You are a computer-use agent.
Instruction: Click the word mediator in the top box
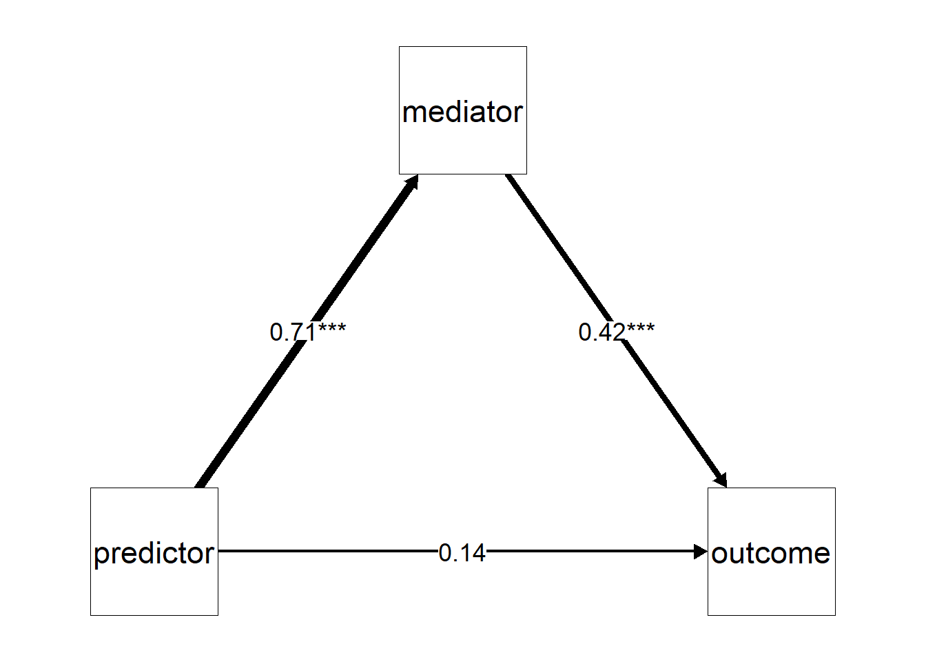[462, 112]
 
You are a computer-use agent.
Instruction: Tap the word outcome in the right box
[771, 554]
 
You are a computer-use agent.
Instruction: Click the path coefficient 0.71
[293, 332]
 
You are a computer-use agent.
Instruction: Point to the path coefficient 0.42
[601, 332]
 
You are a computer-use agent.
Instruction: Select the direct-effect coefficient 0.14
[462, 553]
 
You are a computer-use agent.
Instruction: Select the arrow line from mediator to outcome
[616, 331]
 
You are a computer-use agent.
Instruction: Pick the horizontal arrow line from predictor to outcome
[463, 551]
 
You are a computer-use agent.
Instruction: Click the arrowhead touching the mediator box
[412, 182]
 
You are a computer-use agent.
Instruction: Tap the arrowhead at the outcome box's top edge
[721, 480]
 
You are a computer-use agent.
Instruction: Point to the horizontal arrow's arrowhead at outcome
[701, 552]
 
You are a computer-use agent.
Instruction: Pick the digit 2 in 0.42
[618, 332]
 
